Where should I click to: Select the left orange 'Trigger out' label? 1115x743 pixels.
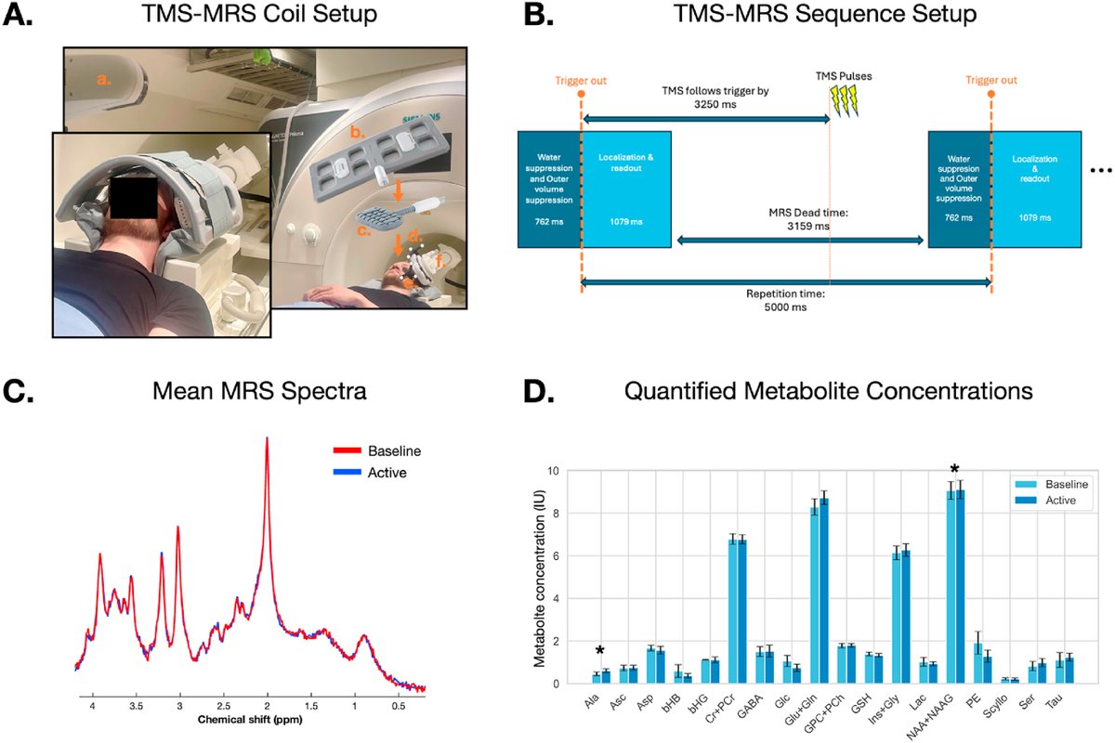pyautogui.click(x=581, y=81)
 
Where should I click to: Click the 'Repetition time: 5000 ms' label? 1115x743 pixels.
pyautogui.click(x=785, y=299)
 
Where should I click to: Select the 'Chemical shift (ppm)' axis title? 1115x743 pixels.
pyautogui.click(x=248, y=720)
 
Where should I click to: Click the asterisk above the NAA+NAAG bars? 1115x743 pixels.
pyautogui.click(x=955, y=469)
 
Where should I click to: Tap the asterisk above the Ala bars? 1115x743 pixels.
pyautogui.click(x=601, y=651)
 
